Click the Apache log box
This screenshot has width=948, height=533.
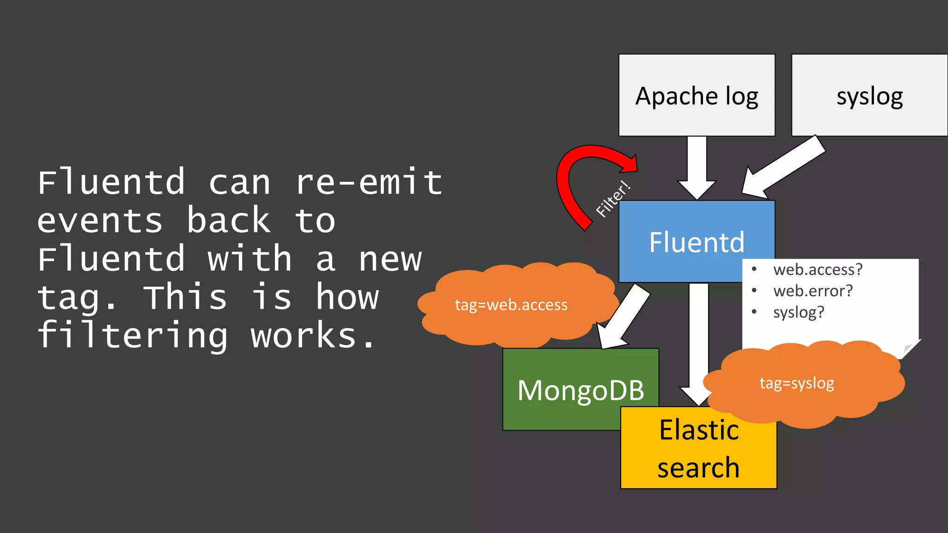click(697, 95)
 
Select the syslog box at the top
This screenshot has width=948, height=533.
click(869, 95)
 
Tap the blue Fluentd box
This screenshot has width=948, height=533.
click(680, 242)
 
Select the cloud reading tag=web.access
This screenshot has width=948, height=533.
click(511, 305)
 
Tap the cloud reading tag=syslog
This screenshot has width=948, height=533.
click(797, 383)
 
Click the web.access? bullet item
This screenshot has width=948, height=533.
click(817, 269)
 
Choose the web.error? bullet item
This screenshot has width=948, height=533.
click(812, 291)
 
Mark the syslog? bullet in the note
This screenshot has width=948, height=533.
click(798, 312)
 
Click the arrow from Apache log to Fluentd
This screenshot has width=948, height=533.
click(697, 167)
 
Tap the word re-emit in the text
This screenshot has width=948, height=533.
click(368, 182)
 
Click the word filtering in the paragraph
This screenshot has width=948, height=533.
click(132, 335)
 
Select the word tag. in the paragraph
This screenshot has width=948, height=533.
click(77, 297)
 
